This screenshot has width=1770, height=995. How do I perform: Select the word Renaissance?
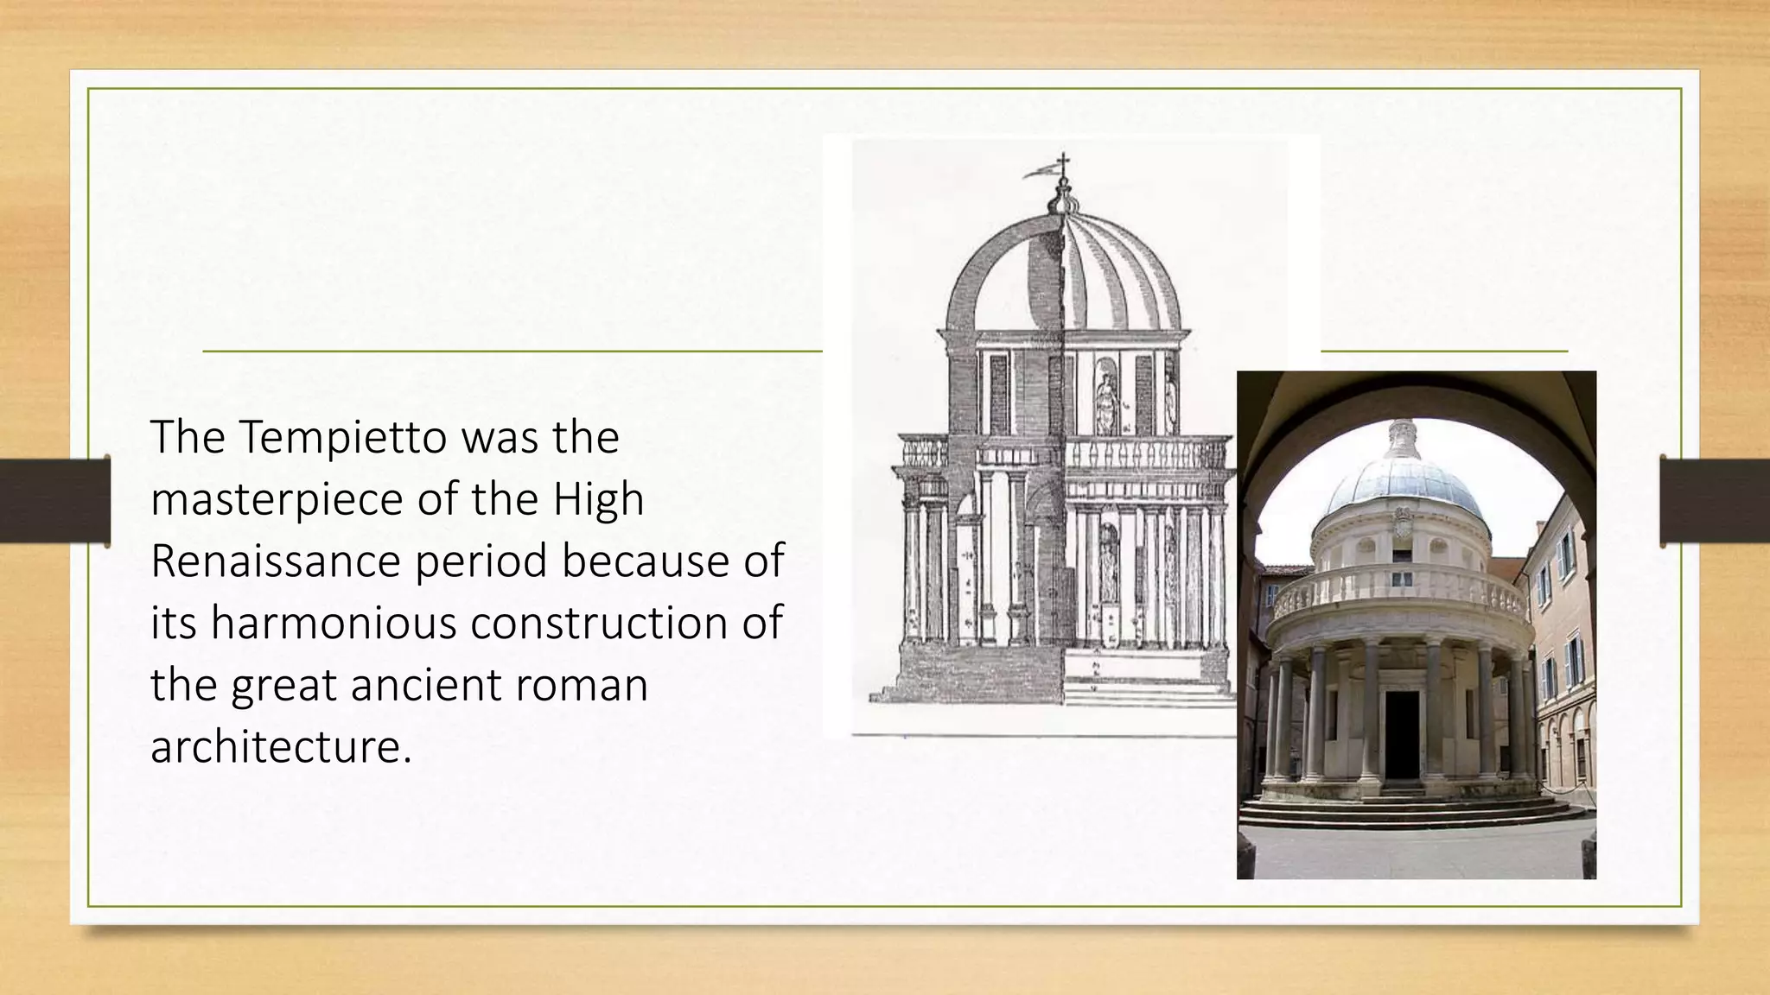(275, 561)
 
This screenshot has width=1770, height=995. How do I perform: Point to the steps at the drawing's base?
(1149, 691)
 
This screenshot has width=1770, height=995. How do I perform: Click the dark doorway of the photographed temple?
(1403, 734)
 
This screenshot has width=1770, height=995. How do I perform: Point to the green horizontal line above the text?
(510, 352)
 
